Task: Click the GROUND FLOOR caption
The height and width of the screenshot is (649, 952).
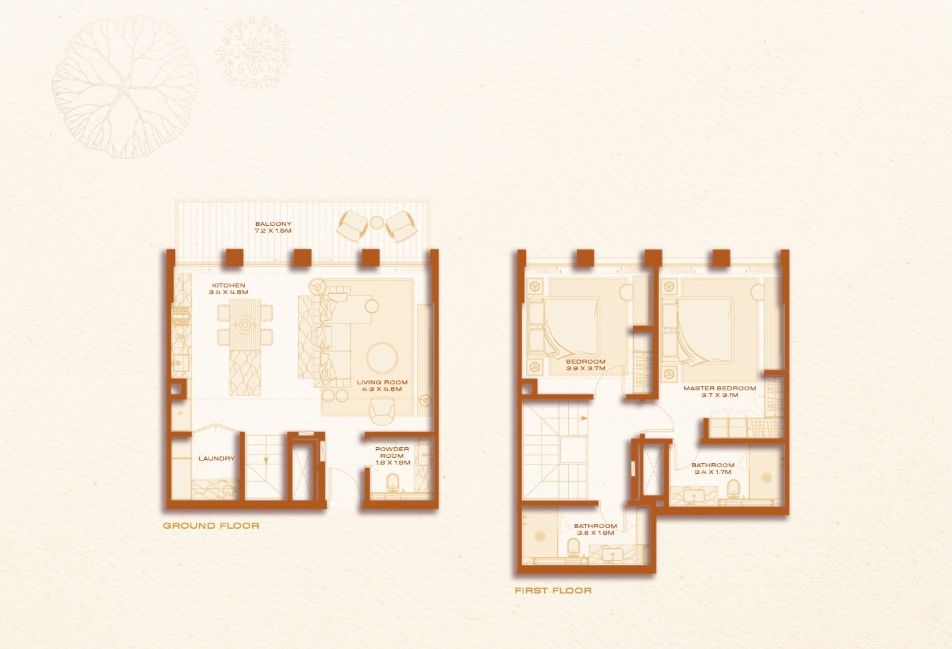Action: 211,526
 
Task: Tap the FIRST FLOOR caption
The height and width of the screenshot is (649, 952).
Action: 553,590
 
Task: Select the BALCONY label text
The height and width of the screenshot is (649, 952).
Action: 273,224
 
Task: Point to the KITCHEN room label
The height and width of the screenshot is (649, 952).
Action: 229,285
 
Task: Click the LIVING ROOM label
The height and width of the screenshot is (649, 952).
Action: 382,382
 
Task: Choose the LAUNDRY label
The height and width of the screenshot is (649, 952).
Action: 217,459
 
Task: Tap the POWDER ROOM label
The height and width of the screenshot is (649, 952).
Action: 392,452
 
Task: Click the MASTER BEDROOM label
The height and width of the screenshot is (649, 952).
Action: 720,388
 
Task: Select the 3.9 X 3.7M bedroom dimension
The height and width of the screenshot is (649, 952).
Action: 586,368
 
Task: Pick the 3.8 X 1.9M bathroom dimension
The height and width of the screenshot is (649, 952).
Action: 596,533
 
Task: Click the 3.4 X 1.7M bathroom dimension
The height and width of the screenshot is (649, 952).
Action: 713,472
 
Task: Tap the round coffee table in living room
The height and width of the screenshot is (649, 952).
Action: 382,358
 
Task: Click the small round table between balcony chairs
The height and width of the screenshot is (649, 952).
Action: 377,223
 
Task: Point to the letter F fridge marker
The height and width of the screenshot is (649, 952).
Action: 181,414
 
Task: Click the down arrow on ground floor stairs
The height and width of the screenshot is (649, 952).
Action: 266,460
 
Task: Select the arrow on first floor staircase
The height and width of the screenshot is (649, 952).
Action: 584,418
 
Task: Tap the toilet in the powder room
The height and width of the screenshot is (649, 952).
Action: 392,484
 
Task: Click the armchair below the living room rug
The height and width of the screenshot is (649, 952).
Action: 382,411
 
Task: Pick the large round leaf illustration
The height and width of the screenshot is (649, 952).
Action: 125,87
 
